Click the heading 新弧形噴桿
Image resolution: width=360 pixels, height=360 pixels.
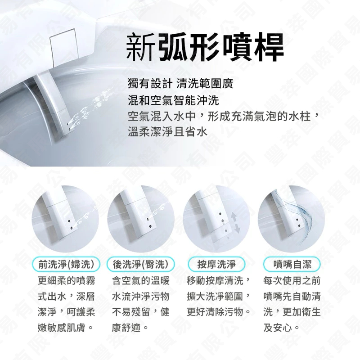pyautogui.click(x=205, y=48)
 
